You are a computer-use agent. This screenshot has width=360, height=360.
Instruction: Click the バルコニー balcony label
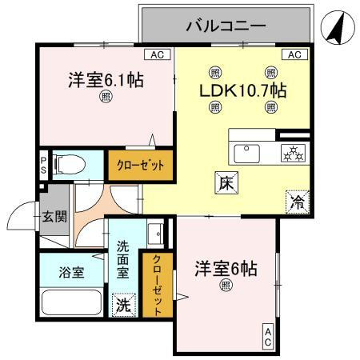226,26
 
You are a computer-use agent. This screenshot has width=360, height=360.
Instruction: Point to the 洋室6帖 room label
226,269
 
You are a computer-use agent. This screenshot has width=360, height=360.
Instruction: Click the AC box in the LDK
294,54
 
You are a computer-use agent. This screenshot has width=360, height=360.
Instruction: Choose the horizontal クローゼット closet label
141,165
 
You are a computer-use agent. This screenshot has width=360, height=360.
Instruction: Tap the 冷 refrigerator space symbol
295,202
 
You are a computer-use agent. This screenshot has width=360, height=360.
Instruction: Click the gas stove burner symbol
292,152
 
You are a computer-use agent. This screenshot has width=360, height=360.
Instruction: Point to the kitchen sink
247,151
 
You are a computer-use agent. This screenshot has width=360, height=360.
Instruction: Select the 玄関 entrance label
55,216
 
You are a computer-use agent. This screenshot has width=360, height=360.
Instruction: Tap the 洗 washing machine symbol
124,305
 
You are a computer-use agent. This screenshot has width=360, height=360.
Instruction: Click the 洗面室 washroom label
124,260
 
